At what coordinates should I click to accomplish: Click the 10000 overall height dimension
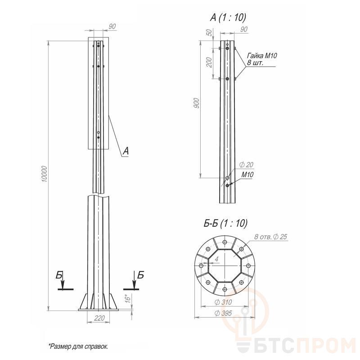click(x=44, y=174)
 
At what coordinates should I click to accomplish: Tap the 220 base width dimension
click(x=99, y=318)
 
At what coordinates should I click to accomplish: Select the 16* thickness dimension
click(x=128, y=299)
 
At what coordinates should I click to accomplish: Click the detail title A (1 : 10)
click(x=228, y=17)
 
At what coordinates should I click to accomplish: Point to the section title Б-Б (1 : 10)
click(x=225, y=223)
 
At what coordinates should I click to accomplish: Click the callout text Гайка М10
click(x=262, y=55)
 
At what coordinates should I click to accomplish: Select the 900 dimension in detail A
click(x=197, y=103)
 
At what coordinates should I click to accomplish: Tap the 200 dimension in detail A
click(x=209, y=62)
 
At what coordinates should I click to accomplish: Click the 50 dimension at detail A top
click(x=209, y=32)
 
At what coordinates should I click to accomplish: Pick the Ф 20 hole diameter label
click(x=246, y=164)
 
